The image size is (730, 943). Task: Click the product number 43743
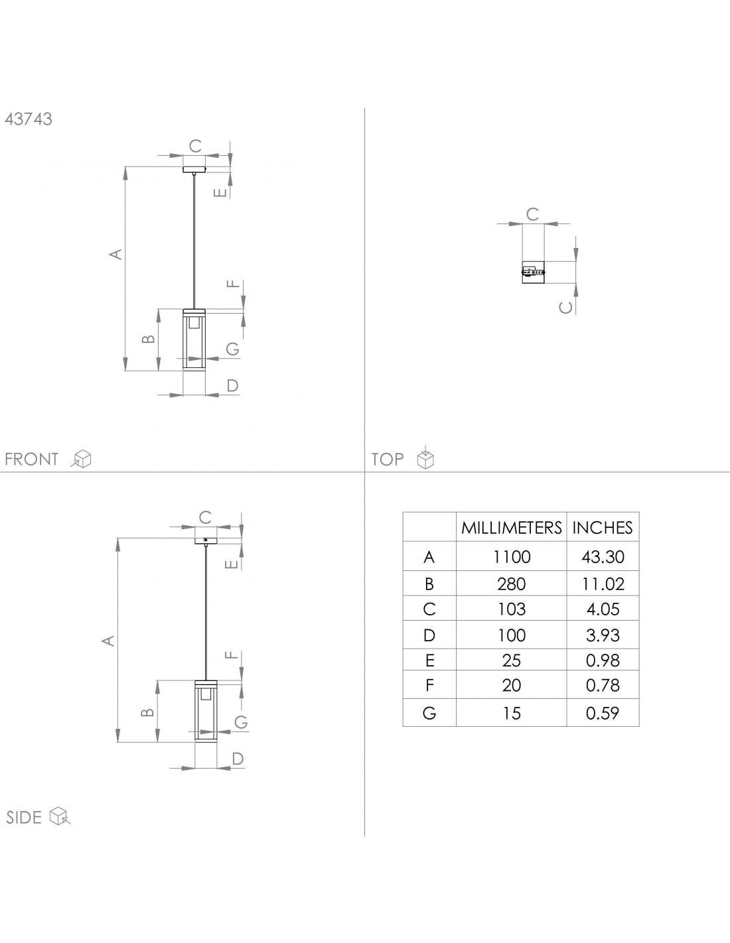(29, 119)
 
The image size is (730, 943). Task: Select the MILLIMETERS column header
(511, 528)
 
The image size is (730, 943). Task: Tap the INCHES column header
(603, 528)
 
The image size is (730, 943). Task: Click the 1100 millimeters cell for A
(512, 557)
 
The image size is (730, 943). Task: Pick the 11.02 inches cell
(603, 584)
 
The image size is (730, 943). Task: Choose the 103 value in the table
(512, 609)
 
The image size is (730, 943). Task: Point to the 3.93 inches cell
(603, 635)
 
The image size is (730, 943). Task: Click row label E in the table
(429, 660)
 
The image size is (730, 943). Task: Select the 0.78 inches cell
(603, 685)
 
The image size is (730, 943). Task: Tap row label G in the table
(429, 713)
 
